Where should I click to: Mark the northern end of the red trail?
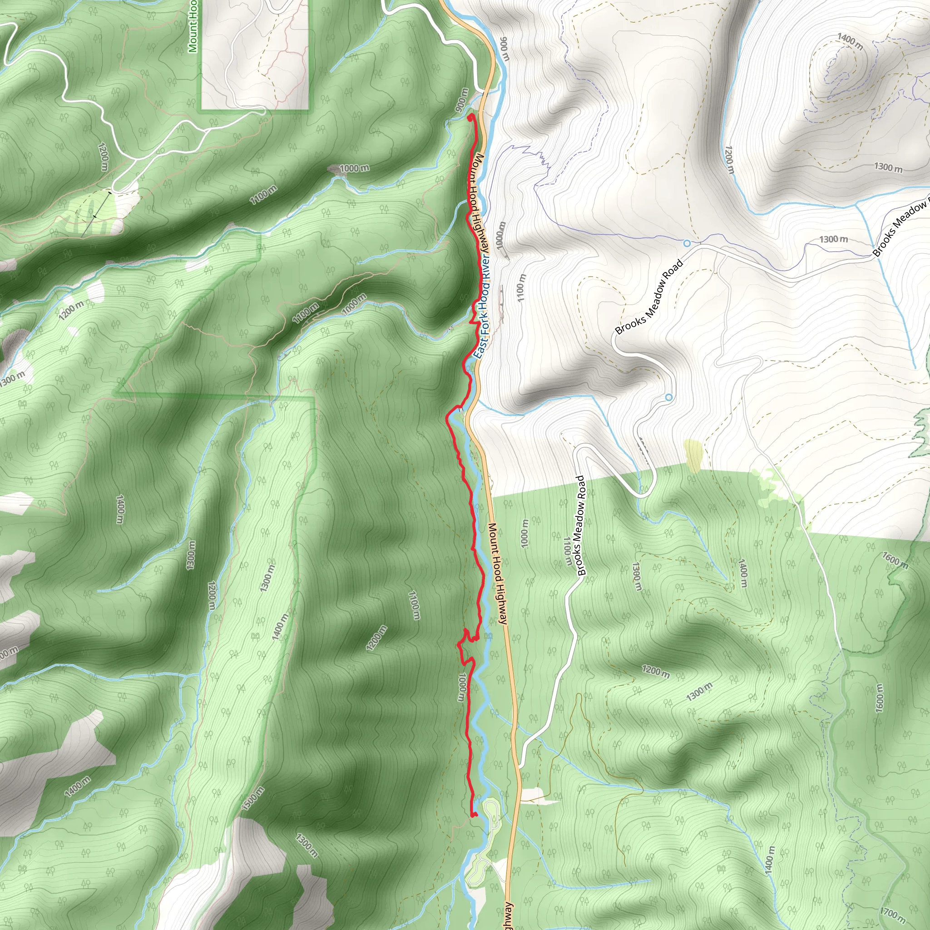(470, 117)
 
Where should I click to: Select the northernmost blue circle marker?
(687, 243)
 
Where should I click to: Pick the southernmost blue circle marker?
(668, 397)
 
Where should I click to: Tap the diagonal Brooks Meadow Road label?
(649, 297)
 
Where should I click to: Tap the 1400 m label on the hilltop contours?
(850, 41)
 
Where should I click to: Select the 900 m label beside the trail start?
(462, 101)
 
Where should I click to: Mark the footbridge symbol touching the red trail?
(460, 410)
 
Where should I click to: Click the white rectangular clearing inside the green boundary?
(255, 53)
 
